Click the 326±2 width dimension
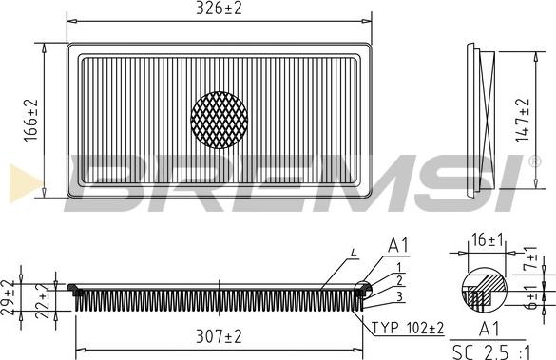point(219,9)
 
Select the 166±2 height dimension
point(31,121)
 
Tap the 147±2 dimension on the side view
point(523,121)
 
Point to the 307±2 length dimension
point(219,336)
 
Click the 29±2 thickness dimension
point(8,297)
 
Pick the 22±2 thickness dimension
point(43,300)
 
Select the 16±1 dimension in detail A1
point(488,240)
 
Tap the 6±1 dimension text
point(531,297)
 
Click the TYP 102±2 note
point(408,328)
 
